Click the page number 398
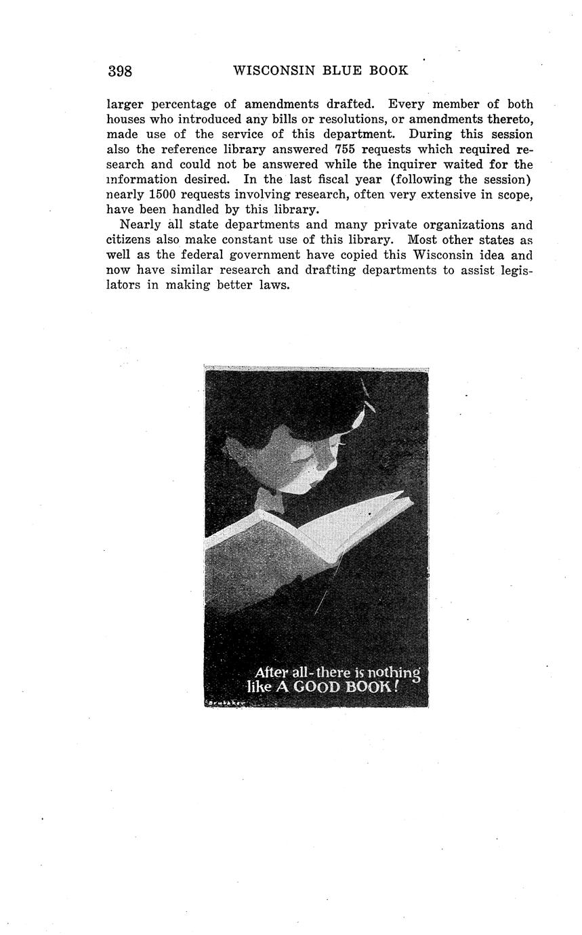[119, 71]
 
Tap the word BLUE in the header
[350, 70]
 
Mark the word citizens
[129, 240]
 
